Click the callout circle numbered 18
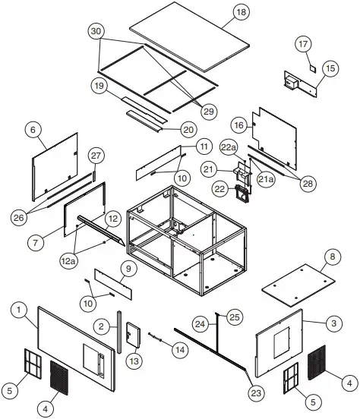(x=241, y=13)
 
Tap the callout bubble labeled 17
(x=302, y=45)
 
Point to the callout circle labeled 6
(x=33, y=130)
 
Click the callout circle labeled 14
(x=179, y=350)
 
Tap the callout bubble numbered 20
(x=189, y=129)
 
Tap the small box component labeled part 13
(x=133, y=332)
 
